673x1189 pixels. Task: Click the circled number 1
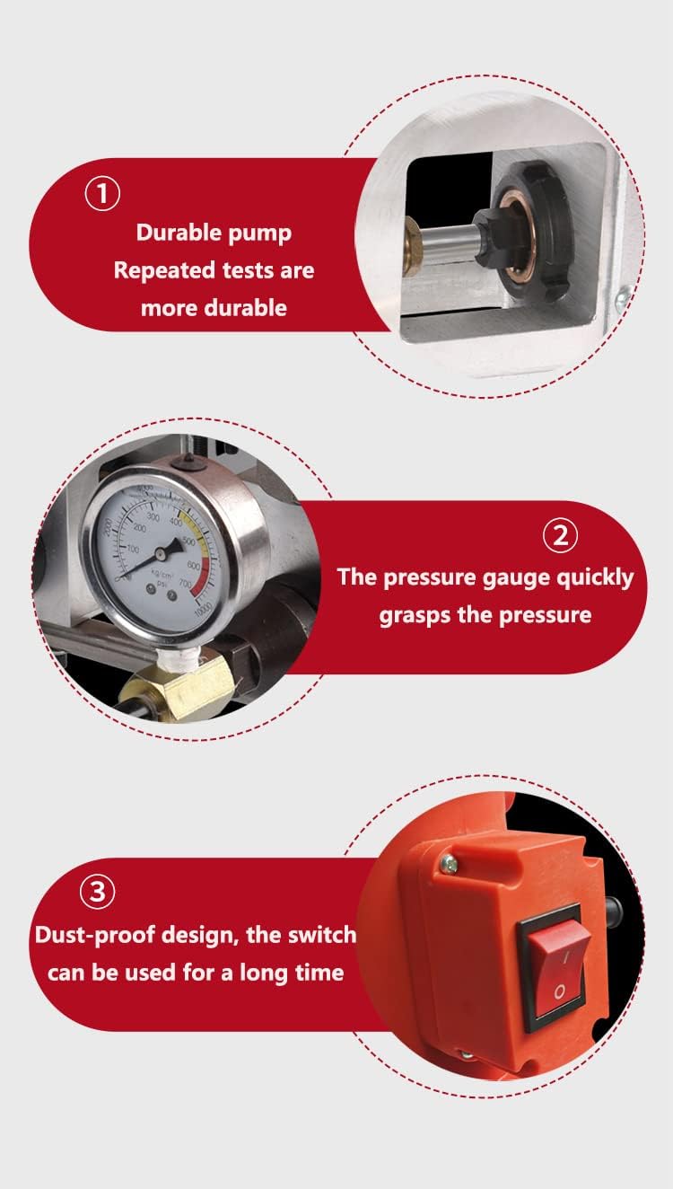(101, 195)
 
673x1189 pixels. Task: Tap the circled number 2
(561, 536)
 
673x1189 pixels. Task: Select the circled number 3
(98, 893)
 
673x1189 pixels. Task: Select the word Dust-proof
(94, 934)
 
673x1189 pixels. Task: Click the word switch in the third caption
(319, 934)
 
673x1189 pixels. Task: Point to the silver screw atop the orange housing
(449, 864)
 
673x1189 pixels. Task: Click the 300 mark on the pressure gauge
(153, 518)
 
